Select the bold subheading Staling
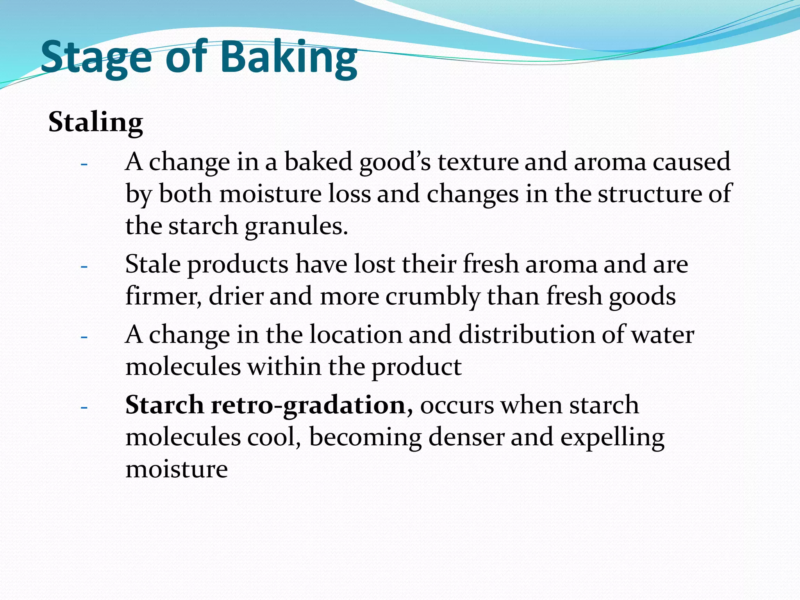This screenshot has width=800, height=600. click(96, 122)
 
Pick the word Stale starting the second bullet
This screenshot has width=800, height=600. click(153, 264)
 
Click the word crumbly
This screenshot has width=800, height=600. click(433, 296)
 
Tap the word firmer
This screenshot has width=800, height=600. click(163, 296)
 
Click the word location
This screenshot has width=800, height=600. click(356, 335)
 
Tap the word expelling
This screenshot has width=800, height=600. click(612, 438)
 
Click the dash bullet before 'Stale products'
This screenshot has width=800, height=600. click(84, 267)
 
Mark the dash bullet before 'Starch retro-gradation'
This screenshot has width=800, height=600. click(84, 407)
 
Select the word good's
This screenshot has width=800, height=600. click(395, 162)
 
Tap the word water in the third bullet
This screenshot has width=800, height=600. click(663, 335)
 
